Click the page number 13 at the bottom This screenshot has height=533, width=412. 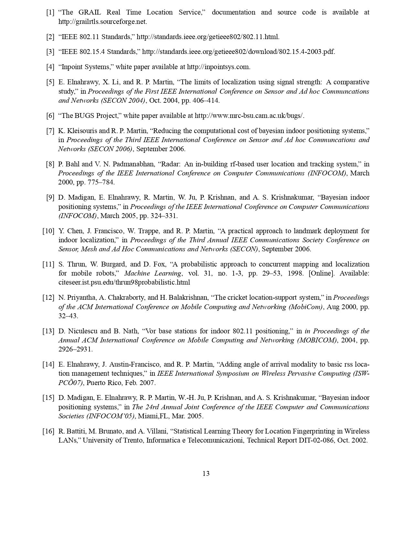coord(206,474)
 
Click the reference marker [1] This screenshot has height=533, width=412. coord(50,13)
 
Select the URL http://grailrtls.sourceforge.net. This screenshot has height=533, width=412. coord(102,22)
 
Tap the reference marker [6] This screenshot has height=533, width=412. coord(50,116)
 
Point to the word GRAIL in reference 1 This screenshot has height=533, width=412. coord(90,12)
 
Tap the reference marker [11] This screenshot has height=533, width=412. coord(48,264)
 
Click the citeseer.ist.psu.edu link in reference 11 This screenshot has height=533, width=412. coord(124,282)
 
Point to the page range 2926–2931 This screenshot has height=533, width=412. coord(75,349)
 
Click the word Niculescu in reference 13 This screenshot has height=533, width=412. coord(82,331)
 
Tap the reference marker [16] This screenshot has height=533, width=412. coord(48,431)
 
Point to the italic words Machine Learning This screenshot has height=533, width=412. coord(153,273)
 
